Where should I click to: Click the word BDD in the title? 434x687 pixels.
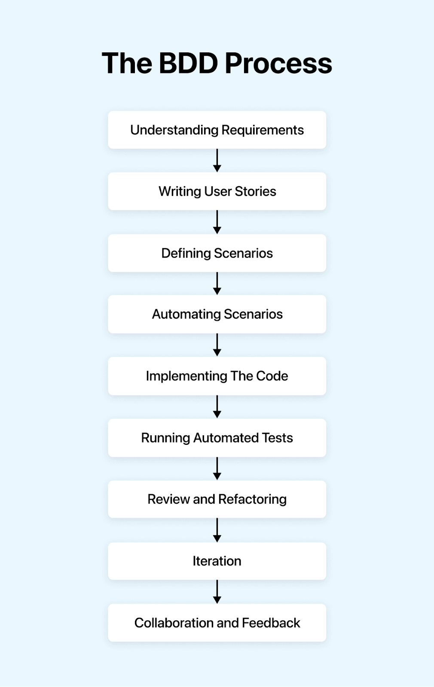coord(188,64)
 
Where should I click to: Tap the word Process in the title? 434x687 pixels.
coord(278,64)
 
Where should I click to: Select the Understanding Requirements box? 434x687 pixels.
coord(217,130)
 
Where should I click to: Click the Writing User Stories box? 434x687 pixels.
coord(217,192)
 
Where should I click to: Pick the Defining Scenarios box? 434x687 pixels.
coord(217,253)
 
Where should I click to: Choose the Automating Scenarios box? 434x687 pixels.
coord(217,314)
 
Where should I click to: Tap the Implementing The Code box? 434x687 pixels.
coord(217,376)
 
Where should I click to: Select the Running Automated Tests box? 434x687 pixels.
coord(217,438)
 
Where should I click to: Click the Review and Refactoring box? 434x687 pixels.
coord(217,499)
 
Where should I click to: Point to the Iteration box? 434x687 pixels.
coord(217,561)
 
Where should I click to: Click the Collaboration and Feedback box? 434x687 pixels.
coord(217,623)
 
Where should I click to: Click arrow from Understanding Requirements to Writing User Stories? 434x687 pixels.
coord(217,161)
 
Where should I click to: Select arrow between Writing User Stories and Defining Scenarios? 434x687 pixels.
coord(217,222)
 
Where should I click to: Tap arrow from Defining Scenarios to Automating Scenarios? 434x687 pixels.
coord(217,283)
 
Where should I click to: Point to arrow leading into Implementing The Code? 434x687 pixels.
coord(217,345)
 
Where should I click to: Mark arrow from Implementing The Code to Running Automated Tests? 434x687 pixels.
coord(217,407)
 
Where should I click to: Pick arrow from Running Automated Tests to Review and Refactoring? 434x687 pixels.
coord(217,468)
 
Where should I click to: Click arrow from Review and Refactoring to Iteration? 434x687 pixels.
coord(217,530)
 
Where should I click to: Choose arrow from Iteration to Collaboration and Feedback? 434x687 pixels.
coord(217,592)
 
